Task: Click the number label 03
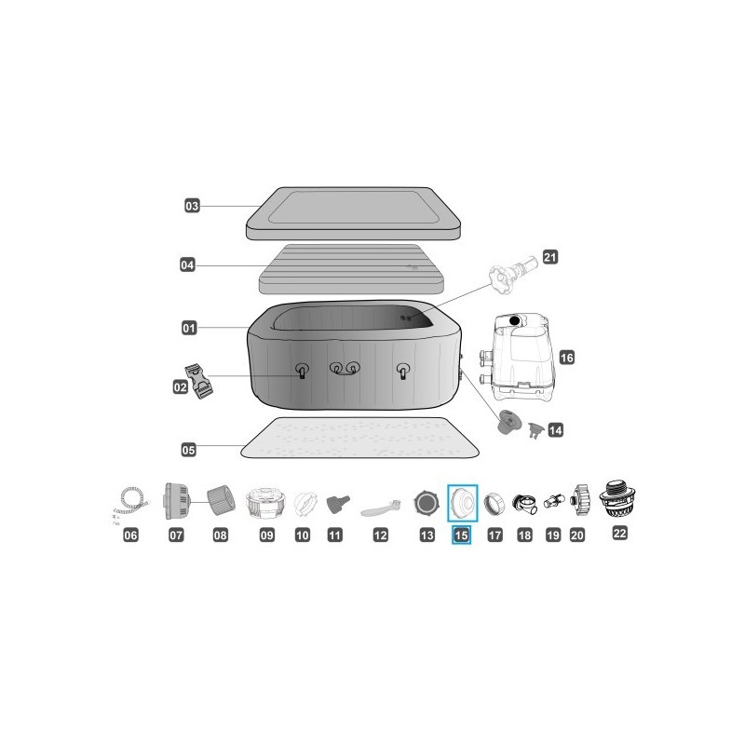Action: pyautogui.click(x=192, y=206)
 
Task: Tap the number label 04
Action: pyautogui.click(x=188, y=265)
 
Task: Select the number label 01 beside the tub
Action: pyautogui.click(x=189, y=328)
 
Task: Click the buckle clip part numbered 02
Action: pyautogui.click(x=203, y=380)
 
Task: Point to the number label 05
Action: pyautogui.click(x=189, y=449)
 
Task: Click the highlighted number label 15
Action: pyautogui.click(x=462, y=535)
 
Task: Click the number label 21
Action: pyautogui.click(x=549, y=257)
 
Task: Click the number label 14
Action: pyautogui.click(x=556, y=430)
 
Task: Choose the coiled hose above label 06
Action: pyautogui.click(x=129, y=504)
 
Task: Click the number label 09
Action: pyautogui.click(x=267, y=535)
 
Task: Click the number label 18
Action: pyautogui.click(x=524, y=535)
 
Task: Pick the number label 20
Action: pyautogui.click(x=577, y=535)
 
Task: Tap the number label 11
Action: pyautogui.click(x=335, y=535)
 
